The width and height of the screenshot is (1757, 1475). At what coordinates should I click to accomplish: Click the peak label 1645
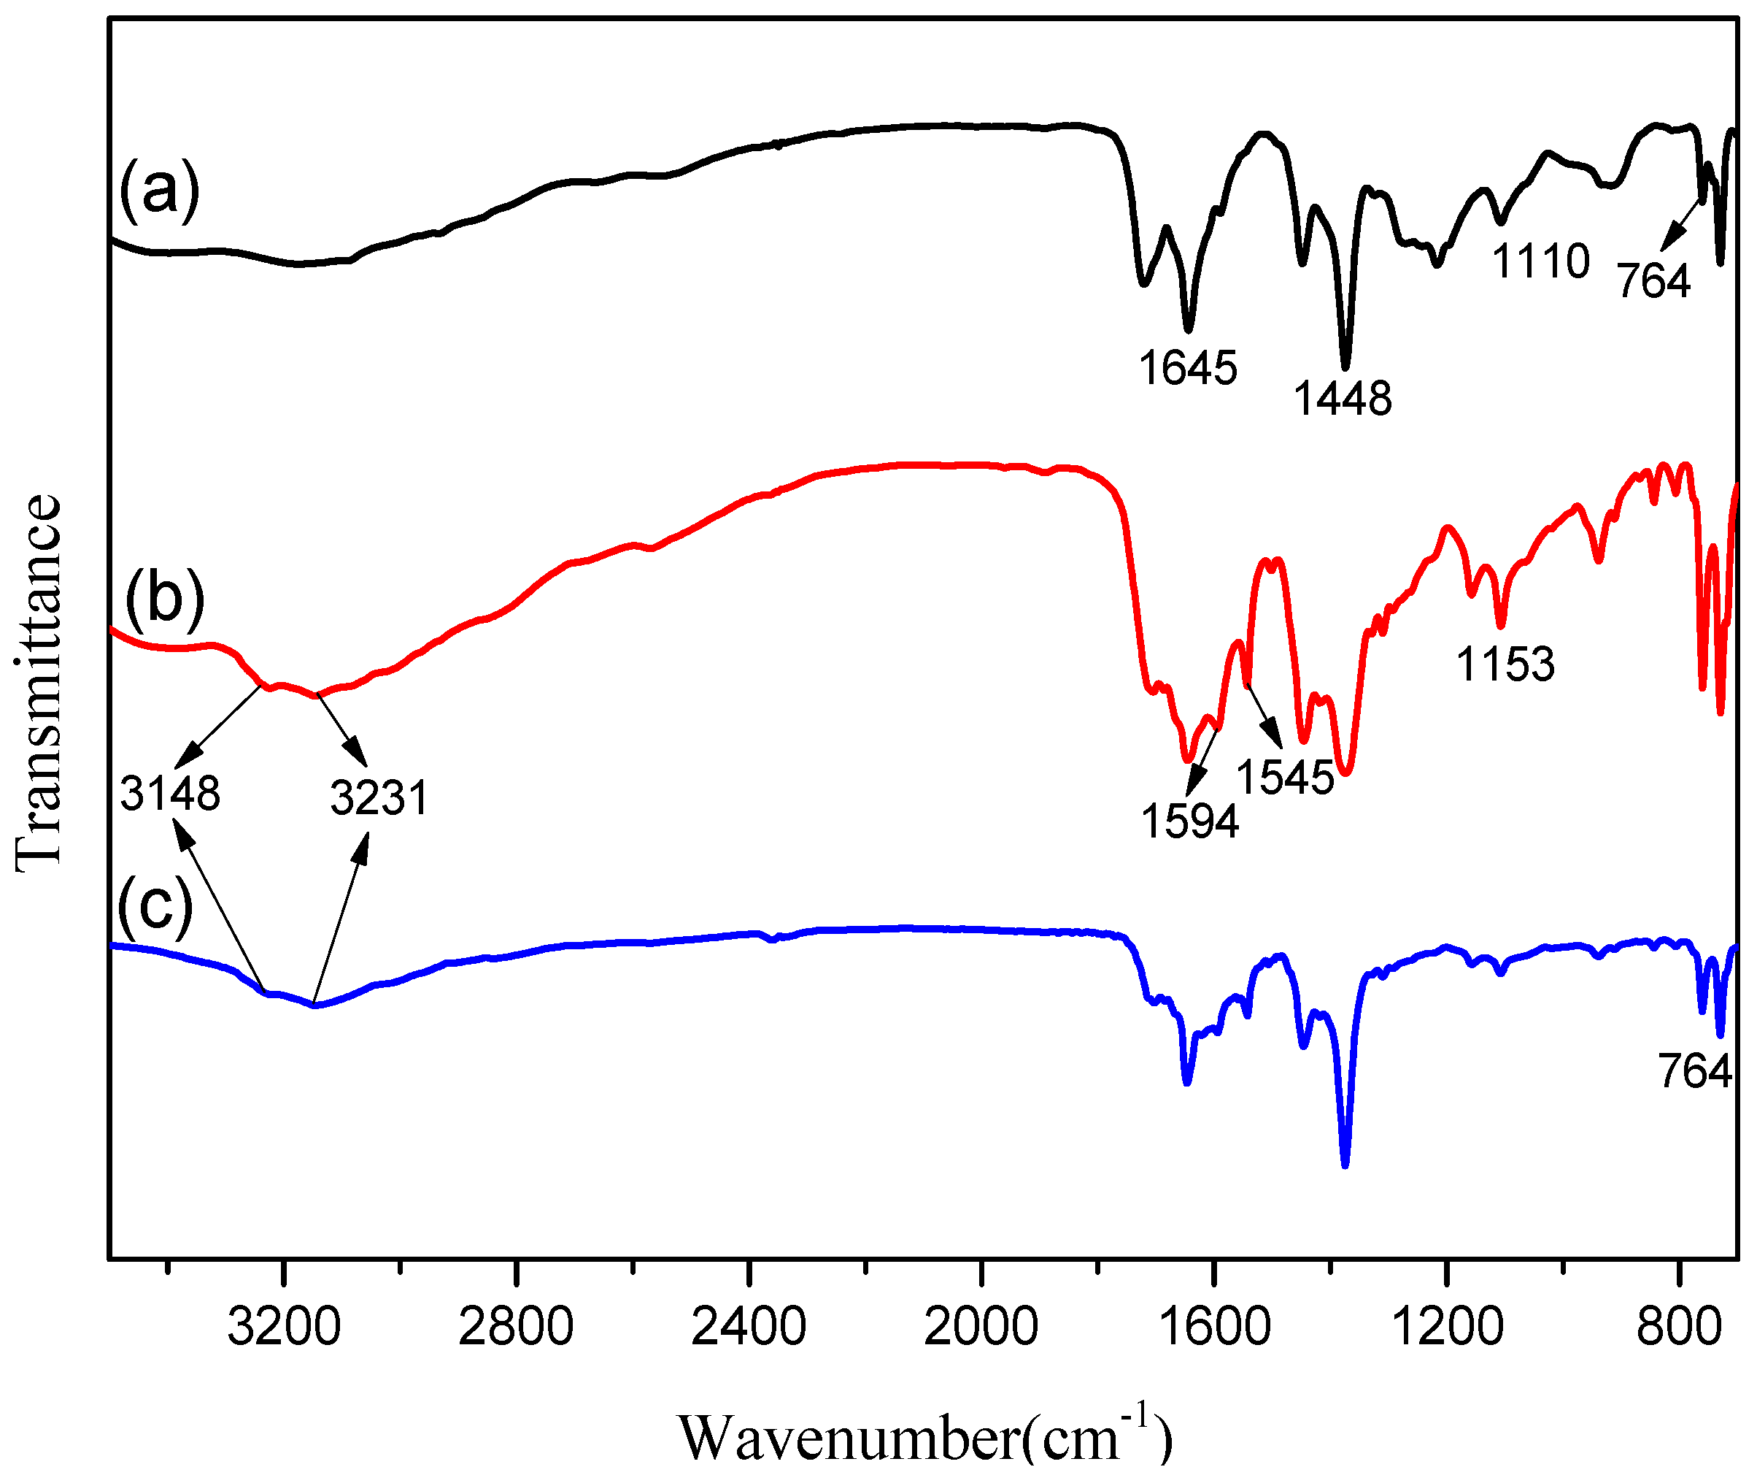point(1187,368)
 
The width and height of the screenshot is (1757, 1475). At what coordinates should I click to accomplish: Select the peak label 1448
point(1343,399)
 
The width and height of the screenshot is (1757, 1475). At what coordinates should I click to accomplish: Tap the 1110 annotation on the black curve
point(1541,261)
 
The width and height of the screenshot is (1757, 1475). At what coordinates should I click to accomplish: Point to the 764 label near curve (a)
point(1654,280)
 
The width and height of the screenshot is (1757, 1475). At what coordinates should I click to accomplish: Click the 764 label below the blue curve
point(1695,1071)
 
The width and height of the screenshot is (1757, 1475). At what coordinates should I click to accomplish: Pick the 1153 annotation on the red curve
point(1505,664)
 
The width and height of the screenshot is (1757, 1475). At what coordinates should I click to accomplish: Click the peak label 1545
point(1285,777)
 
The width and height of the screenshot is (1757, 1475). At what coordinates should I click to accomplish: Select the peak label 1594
point(1190,821)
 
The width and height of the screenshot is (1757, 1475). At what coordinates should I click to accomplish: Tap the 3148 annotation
point(170,793)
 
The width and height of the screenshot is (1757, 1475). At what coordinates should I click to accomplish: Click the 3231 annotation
point(379,798)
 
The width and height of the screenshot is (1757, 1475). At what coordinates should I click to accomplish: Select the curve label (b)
point(165,598)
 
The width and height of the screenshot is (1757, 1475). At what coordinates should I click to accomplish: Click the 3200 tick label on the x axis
point(284,1327)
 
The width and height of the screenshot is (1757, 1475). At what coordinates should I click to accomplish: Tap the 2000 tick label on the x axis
point(981,1327)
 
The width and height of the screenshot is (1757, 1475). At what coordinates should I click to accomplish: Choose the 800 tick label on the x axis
point(1678,1327)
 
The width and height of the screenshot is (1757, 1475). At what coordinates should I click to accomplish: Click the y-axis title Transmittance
point(38,683)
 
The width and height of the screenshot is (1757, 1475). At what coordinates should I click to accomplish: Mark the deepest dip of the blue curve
point(1345,1164)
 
